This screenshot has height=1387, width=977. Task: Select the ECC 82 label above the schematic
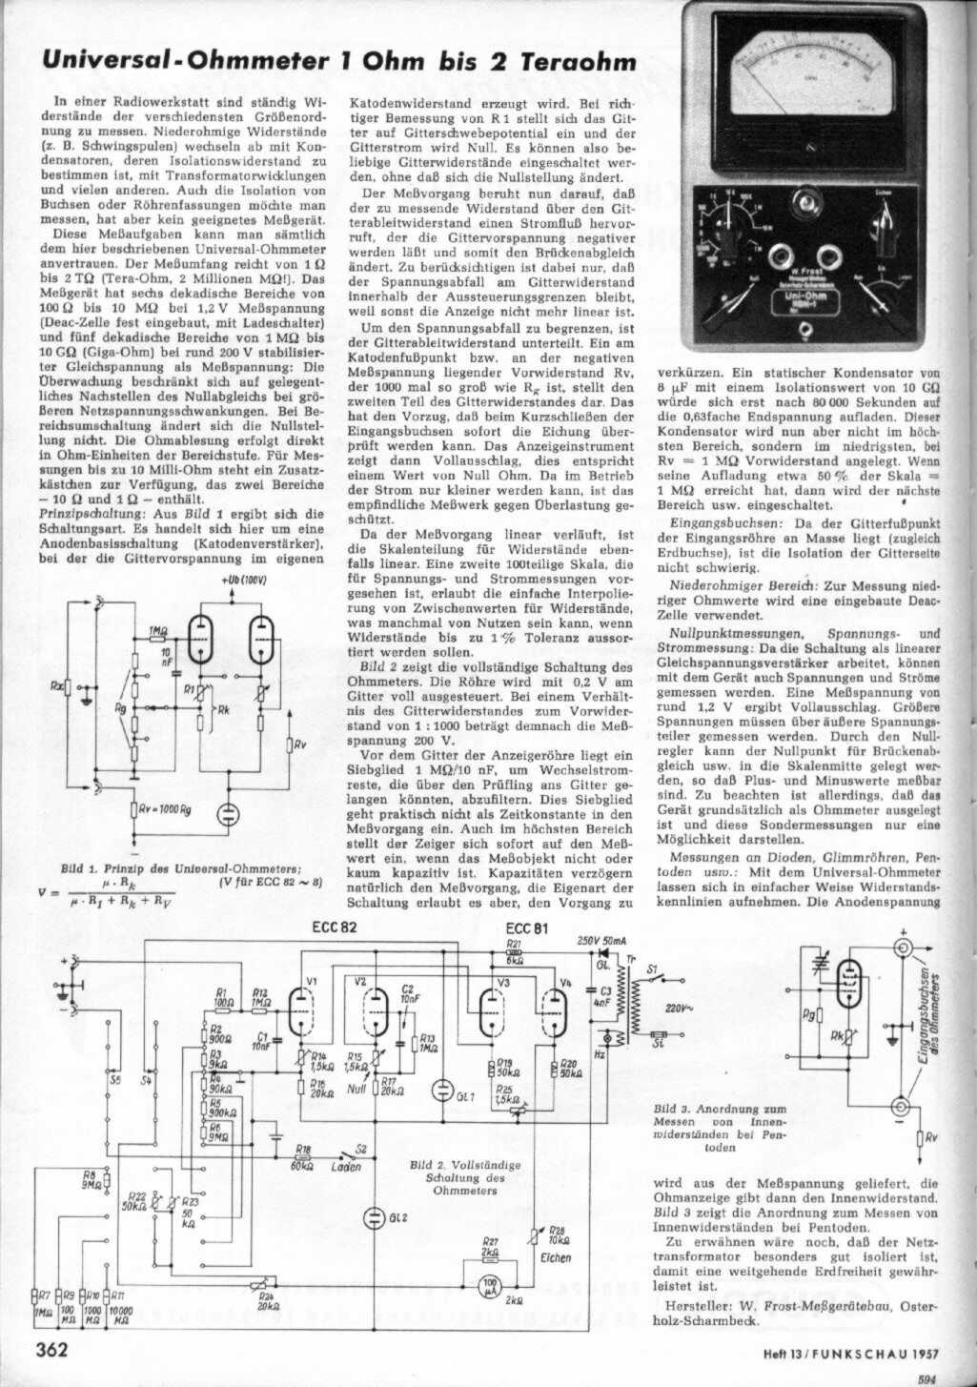pos(332,928)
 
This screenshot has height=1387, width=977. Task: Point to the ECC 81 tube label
pos(525,928)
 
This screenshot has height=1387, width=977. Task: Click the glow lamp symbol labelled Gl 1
pos(442,1089)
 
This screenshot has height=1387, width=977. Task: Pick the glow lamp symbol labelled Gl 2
pos(374,1217)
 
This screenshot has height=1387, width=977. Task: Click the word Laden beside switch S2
pos(346,1166)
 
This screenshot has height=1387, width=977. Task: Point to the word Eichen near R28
pos(555,1257)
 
